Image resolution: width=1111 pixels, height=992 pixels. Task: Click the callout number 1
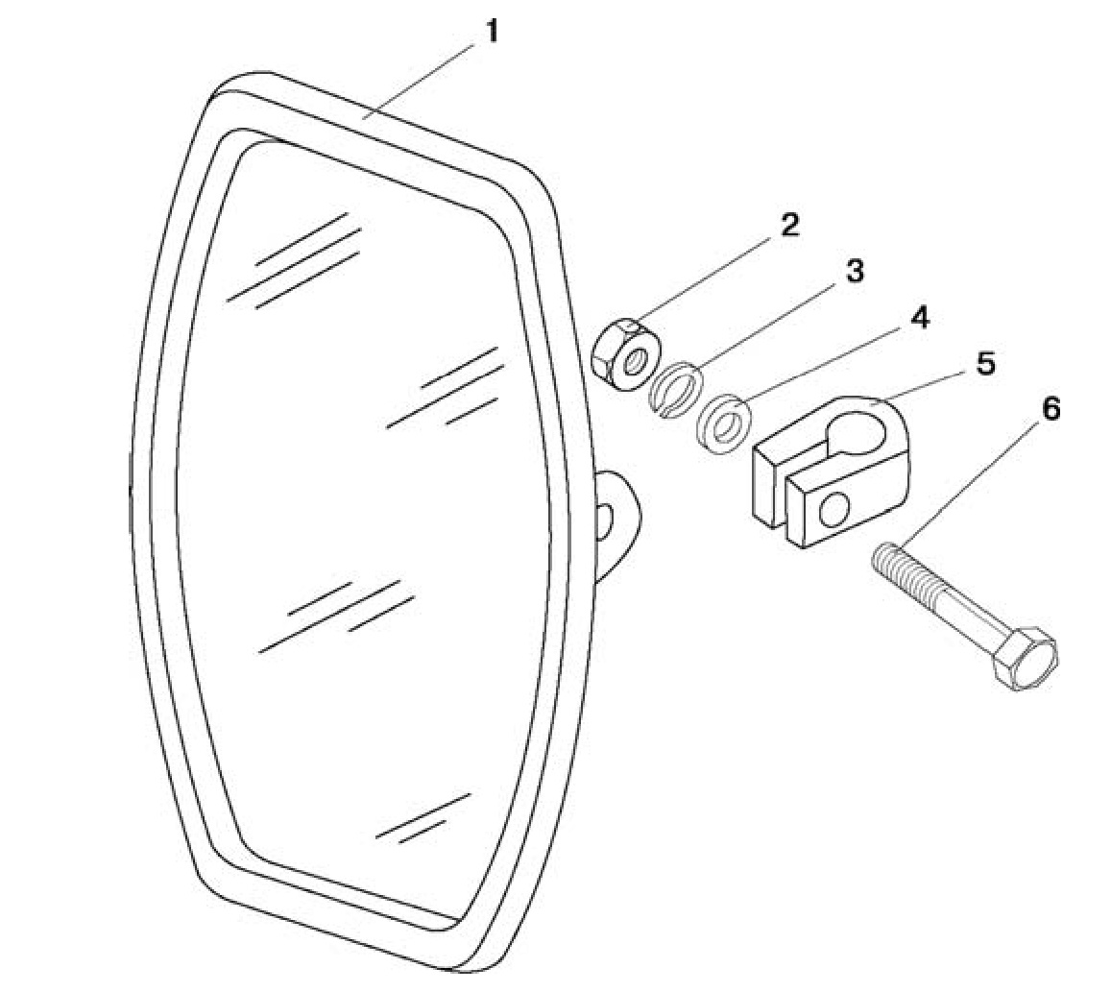[491, 31]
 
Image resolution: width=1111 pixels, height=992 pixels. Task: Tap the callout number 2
[788, 226]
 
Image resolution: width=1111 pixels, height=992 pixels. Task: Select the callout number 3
[856, 272]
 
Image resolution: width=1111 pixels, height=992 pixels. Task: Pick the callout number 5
[985, 364]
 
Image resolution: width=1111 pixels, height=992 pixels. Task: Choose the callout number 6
[1051, 409]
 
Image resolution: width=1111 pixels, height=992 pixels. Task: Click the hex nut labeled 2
[626, 353]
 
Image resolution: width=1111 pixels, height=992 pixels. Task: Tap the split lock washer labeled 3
[677, 390]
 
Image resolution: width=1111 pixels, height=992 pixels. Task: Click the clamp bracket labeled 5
[830, 472]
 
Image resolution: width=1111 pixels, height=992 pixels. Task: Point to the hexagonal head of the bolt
[1026, 658]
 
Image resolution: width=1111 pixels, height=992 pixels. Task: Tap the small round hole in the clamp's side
[833, 510]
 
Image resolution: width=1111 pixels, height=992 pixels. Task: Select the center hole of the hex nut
[636, 361]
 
